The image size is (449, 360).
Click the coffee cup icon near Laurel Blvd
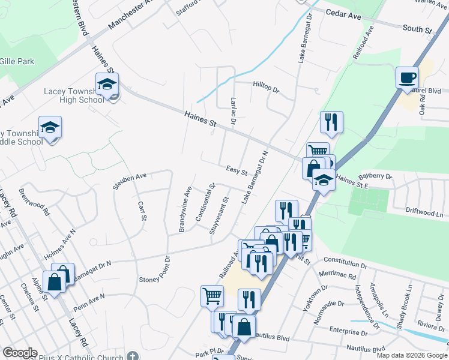pyautogui.click(x=407, y=77)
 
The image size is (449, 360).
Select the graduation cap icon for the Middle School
pyautogui.click(x=50, y=127)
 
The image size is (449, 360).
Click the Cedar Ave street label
pyautogui.click(x=343, y=15)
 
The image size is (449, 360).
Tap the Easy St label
pyautogui.click(x=237, y=171)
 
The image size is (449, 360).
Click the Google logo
pyautogui.click(x=20, y=353)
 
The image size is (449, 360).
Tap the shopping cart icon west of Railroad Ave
pyautogui.click(x=212, y=295)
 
